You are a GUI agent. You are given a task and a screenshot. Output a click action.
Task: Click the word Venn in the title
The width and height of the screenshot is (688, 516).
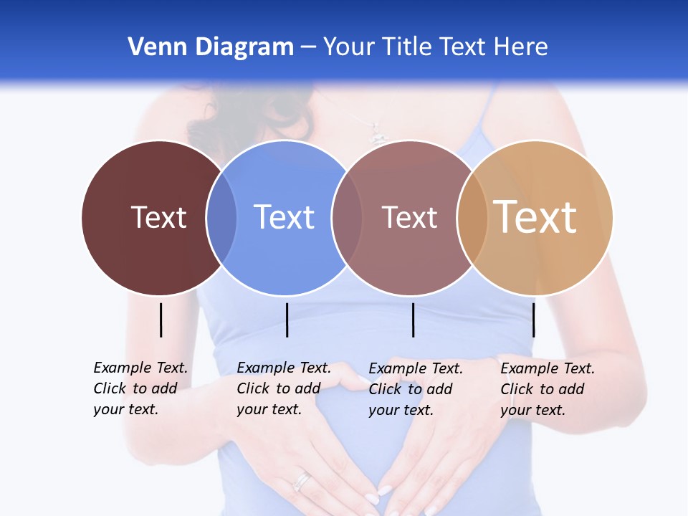(x=150, y=47)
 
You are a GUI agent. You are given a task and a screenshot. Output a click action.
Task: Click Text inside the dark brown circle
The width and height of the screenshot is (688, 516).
(x=158, y=217)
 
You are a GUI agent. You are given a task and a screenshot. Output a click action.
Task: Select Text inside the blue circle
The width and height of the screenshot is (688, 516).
(x=284, y=217)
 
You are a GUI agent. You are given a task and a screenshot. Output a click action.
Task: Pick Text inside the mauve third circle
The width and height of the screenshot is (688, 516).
(x=409, y=217)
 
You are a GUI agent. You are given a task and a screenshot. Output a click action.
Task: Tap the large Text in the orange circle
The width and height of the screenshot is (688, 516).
(x=535, y=217)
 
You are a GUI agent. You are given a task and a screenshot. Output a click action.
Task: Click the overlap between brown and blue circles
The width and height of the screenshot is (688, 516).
(x=221, y=218)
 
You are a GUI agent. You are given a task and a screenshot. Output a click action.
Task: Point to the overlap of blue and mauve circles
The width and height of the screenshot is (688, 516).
(x=347, y=218)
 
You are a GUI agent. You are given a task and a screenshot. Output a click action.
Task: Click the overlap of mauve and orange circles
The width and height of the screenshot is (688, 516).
(x=472, y=218)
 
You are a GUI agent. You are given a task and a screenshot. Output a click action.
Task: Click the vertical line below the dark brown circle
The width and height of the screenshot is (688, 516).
(x=161, y=320)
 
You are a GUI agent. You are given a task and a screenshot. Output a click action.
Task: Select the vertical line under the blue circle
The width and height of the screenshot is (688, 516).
(x=287, y=320)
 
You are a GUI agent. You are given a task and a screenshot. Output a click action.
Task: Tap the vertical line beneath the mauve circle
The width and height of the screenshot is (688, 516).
(x=413, y=320)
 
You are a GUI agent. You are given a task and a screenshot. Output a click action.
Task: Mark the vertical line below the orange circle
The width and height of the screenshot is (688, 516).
(x=533, y=320)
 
